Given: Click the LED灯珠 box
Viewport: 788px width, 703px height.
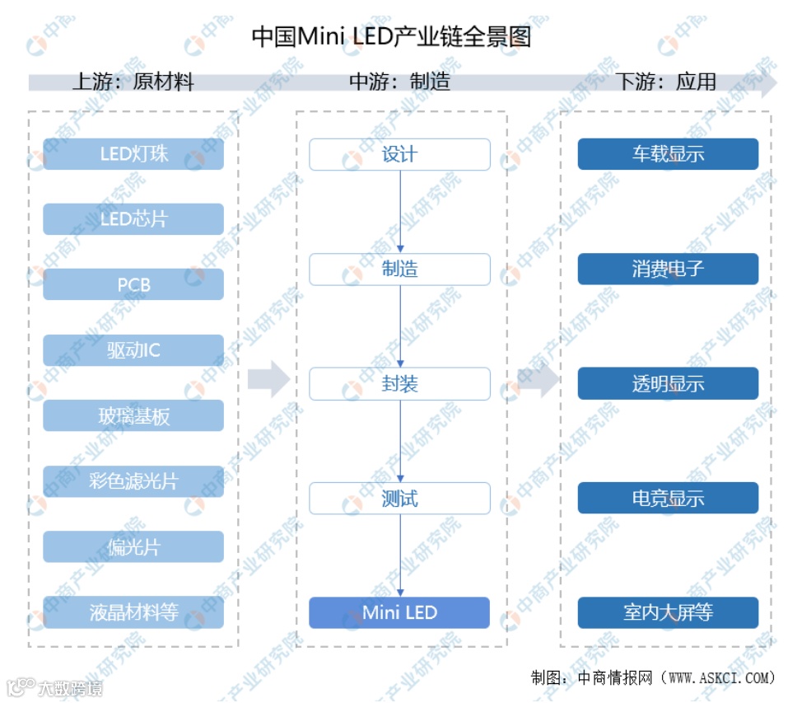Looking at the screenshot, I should click(x=133, y=154).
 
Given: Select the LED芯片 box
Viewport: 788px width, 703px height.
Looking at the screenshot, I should click(x=133, y=219).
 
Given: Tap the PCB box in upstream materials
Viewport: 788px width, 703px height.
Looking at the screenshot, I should click(x=133, y=285).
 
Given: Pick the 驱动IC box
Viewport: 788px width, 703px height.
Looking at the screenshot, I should click(x=133, y=350).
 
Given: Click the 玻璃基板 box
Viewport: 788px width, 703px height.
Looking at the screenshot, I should click(x=133, y=416).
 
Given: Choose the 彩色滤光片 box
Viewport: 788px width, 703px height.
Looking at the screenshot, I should click(x=133, y=481).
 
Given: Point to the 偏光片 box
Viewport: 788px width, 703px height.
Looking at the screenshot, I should click(x=133, y=547).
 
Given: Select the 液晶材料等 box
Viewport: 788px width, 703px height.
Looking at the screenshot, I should click(x=133, y=612).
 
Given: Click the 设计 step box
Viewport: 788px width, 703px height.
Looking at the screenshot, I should click(x=399, y=155).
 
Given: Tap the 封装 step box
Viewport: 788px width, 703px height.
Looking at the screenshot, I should click(x=399, y=384).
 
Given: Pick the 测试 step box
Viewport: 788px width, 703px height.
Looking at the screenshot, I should click(x=399, y=499).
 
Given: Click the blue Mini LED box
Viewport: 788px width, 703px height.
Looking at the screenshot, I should click(x=399, y=613).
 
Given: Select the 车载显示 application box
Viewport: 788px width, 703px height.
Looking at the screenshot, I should click(x=668, y=154).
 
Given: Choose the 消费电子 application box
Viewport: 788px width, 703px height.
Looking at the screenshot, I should click(x=668, y=269).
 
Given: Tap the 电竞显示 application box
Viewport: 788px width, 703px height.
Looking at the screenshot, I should click(x=668, y=499).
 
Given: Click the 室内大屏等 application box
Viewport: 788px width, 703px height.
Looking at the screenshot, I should click(x=668, y=613).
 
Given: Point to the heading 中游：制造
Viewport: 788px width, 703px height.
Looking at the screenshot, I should click(x=399, y=82).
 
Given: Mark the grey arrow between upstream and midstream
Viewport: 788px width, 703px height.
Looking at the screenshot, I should click(x=268, y=379).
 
